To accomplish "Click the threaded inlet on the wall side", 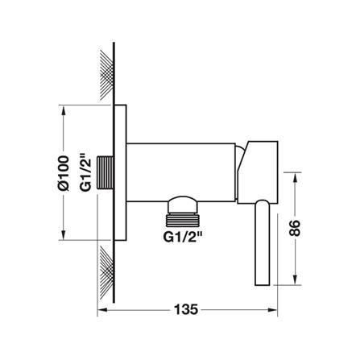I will (104, 172).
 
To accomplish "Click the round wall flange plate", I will (121, 172).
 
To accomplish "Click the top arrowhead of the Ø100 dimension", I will (63, 110).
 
